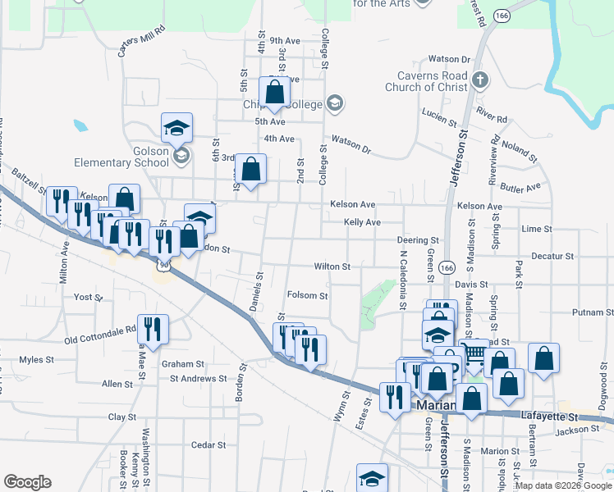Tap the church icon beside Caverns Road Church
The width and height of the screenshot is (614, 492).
pyautogui.click(x=481, y=81)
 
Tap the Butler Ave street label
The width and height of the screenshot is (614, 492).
pyautogui.click(x=522, y=188)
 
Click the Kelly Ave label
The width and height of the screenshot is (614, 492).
pyautogui.click(x=362, y=222)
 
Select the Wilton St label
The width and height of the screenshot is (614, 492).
pyautogui.click(x=332, y=266)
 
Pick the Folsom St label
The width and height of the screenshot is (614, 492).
pyautogui.click(x=307, y=295)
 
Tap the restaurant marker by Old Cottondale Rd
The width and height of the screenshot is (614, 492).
pyautogui.click(x=152, y=330)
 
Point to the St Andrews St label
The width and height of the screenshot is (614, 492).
pyautogui.click(x=198, y=378)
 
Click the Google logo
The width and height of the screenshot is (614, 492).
pyautogui.click(x=27, y=482)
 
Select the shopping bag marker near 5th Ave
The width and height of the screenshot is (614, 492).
pyautogui.click(x=275, y=92)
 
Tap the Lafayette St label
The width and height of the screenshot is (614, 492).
pyautogui.click(x=550, y=417)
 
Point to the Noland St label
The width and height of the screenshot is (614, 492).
pyautogui.click(x=519, y=152)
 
